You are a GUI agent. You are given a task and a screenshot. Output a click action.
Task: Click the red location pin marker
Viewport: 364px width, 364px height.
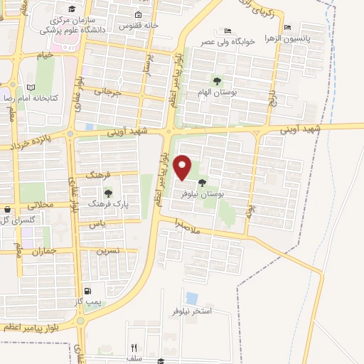click(183, 167)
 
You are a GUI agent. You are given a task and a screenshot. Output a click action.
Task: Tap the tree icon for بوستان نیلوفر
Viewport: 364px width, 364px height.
click(211, 183)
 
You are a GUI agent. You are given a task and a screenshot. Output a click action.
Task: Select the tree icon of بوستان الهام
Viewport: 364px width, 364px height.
click(216, 80)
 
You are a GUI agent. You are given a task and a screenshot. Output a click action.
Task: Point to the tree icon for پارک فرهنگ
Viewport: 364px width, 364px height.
click(108, 193)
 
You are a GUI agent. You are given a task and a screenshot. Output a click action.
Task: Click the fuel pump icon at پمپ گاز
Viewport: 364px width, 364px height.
click(87, 290)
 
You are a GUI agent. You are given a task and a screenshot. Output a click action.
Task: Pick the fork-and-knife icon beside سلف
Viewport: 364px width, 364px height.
click(134, 348)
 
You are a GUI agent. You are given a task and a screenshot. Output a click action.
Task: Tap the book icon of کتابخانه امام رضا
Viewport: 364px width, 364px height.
click(30, 87)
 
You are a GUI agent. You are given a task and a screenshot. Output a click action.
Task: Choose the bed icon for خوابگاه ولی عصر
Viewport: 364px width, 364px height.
click(227, 31)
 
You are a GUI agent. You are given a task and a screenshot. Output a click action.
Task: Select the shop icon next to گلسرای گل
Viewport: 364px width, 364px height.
click(7, 210)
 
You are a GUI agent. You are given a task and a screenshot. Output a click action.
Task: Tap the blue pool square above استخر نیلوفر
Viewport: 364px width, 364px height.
click(191, 298)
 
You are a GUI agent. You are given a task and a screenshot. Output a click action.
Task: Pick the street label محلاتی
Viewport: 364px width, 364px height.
click(40, 205)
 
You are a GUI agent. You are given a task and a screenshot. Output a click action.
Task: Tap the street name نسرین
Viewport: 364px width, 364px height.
click(107, 250)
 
